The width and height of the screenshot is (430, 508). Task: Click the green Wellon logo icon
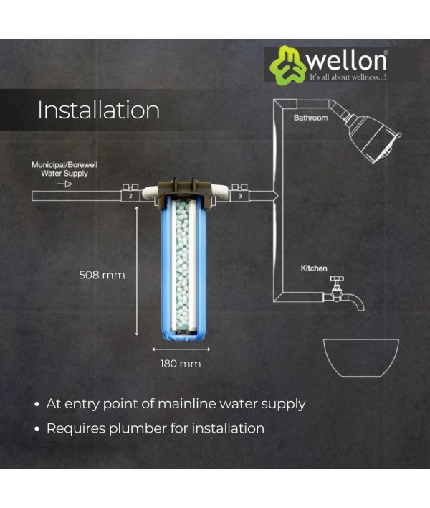[x=287, y=65]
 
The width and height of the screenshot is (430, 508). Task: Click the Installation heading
[x=99, y=110]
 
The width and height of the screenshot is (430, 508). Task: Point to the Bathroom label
[x=310, y=118]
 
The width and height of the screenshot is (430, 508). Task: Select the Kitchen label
[x=314, y=268]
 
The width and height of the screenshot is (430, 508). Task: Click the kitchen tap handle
[x=337, y=279]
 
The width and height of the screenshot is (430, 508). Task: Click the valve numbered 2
[x=130, y=194]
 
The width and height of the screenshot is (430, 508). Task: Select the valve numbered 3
[x=240, y=194]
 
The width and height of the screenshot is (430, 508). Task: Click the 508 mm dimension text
[x=102, y=275]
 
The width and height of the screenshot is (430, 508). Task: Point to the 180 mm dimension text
[x=181, y=364]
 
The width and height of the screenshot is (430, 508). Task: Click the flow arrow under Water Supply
[x=64, y=184]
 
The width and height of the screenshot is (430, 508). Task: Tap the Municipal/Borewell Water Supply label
[x=64, y=169]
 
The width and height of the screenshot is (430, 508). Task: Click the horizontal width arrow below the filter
[x=181, y=349]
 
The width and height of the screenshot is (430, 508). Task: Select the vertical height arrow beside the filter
[x=137, y=271]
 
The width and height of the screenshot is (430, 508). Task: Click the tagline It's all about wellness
[x=348, y=77]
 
